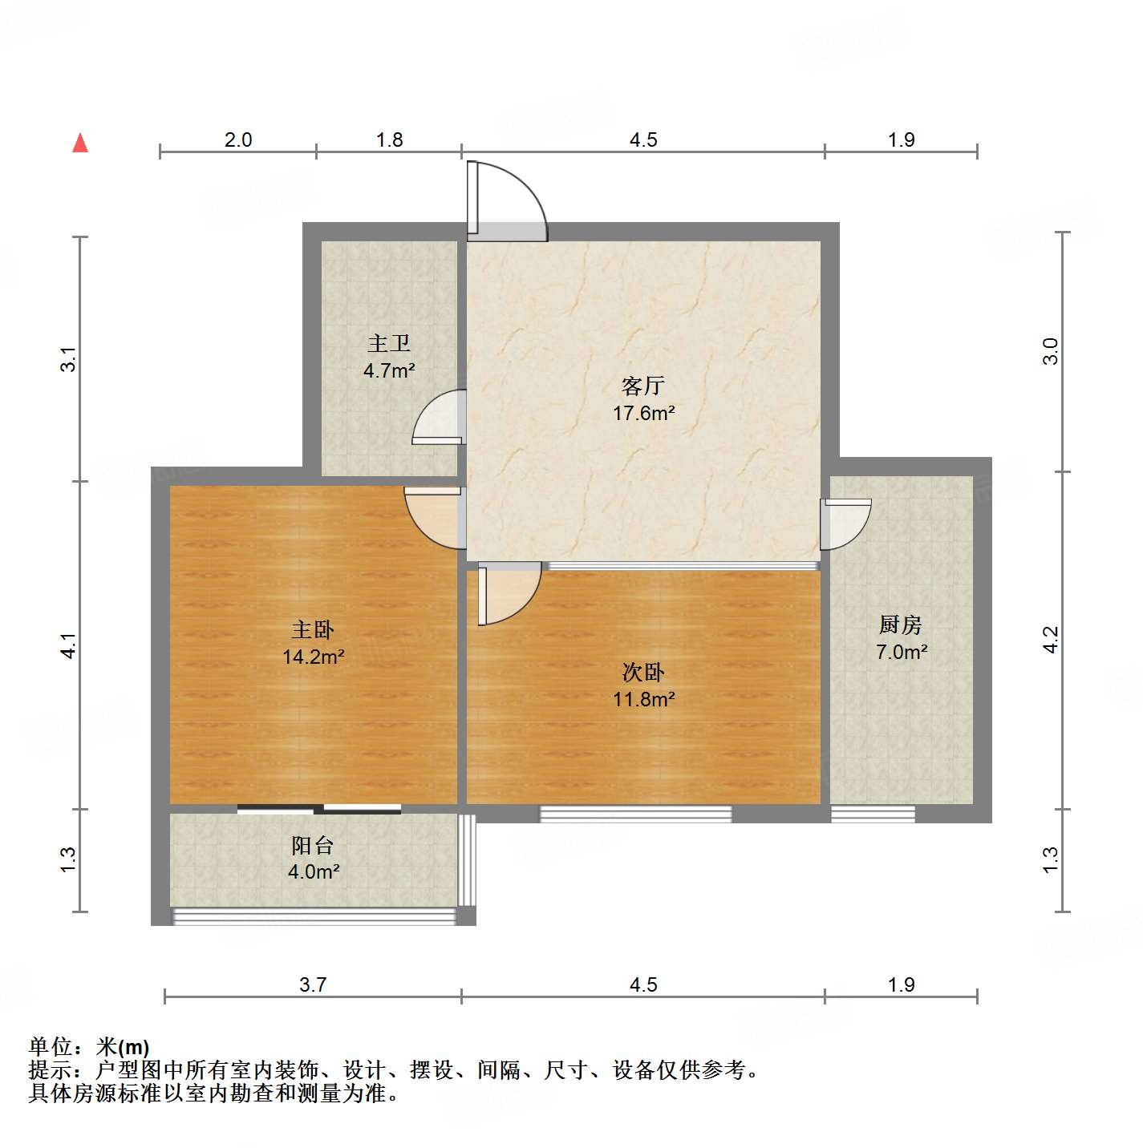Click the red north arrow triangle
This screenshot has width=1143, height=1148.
80,143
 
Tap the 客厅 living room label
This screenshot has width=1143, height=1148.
642,386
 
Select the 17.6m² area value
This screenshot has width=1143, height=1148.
643,414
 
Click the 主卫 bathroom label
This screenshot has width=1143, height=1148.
389,344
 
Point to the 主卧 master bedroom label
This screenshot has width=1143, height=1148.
313,629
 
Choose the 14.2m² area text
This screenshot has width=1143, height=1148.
313,657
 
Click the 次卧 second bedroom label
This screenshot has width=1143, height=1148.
643,672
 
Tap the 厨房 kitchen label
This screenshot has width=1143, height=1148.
901,625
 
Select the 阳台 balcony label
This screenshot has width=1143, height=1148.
313,845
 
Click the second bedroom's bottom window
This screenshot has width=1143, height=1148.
635,814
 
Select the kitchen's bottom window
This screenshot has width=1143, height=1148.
873,814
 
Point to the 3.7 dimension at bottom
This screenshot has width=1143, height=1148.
313,984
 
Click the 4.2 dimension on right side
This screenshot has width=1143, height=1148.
1051,640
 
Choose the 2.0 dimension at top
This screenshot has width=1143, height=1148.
237,140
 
